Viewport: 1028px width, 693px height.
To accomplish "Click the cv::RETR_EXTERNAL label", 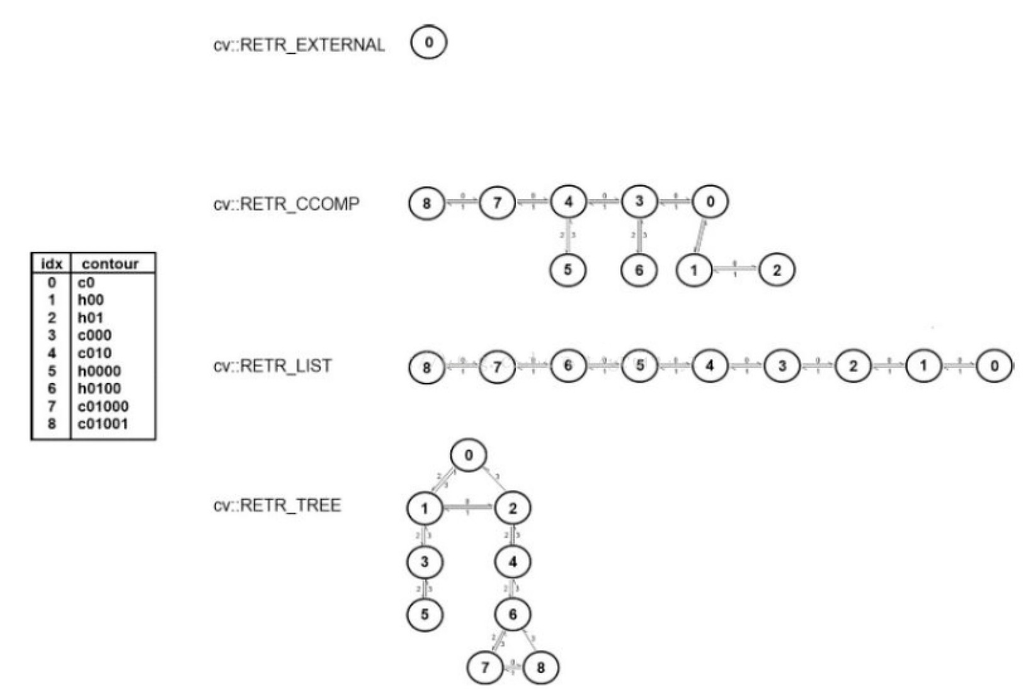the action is coord(299,45).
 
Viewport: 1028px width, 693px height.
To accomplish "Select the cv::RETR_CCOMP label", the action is coord(287,204).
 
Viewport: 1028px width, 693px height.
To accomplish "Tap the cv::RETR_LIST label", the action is coord(272,366).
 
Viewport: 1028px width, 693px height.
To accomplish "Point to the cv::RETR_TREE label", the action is coord(277,506).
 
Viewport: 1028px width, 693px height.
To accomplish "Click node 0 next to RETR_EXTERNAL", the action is coord(428,43).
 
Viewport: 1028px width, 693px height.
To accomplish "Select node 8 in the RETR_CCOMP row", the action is coord(427,204).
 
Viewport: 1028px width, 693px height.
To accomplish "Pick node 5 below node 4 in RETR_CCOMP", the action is coord(568,270).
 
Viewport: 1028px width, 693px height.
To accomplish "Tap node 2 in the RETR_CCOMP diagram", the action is coord(777,270).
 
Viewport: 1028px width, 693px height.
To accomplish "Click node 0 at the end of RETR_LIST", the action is coord(995,366).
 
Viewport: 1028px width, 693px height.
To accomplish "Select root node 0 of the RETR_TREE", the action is coord(468,455).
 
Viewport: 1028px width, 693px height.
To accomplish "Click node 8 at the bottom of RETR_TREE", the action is coord(540,667).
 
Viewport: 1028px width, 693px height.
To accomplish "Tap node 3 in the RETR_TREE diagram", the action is coord(425,561).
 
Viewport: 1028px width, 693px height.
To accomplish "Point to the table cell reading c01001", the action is coord(103,424).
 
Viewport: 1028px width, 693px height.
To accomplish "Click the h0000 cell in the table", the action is coord(99,371).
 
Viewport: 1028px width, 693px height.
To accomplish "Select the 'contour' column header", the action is coord(110,264).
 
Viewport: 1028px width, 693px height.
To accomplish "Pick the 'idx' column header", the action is coord(51,264).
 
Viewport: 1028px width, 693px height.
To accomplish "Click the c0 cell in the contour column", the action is coord(86,283).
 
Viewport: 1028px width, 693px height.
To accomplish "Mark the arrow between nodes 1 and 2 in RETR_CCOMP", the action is coord(735,270).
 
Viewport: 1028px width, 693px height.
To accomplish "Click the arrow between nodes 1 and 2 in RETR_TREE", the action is coord(468,507).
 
